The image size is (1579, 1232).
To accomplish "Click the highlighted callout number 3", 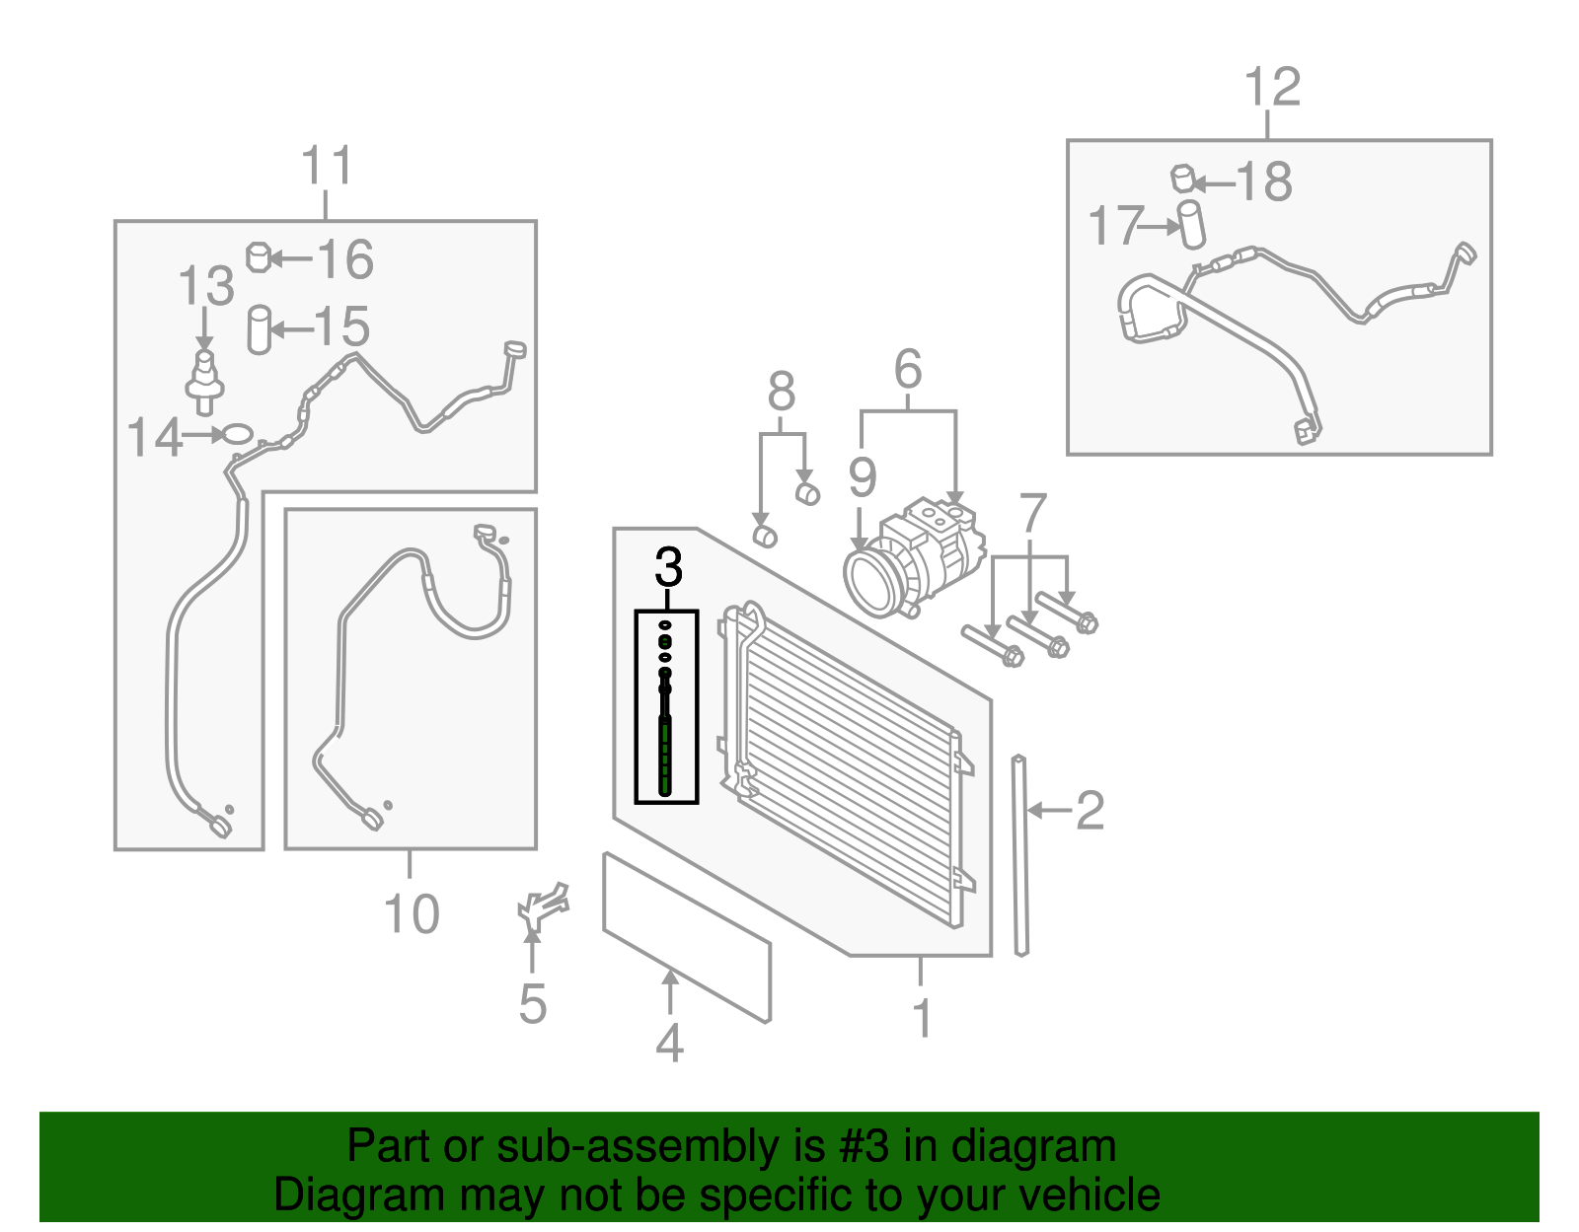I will pyautogui.click(x=668, y=568).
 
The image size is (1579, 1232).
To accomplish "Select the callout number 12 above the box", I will pyautogui.click(x=1272, y=88).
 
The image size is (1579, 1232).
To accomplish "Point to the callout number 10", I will pyautogui.click(x=411, y=914).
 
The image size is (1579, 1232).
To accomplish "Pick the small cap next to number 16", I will pyautogui.click(x=258, y=257).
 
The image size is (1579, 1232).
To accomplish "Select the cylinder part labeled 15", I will pyautogui.click(x=259, y=328).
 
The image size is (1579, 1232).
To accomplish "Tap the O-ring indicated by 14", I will pyautogui.click(x=238, y=433).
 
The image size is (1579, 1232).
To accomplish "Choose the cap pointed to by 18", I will pyautogui.click(x=1183, y=179).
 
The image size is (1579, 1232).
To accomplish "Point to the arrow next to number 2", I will pyautogui.click(x=1049, y=811).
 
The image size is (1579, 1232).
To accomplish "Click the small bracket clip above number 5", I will pyautogui.click(x=543, y=906).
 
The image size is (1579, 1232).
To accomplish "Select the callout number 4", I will pyautogui.click(x=669, y=1044).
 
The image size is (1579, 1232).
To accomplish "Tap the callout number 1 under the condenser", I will pyautogui.click(x=922, y=1018).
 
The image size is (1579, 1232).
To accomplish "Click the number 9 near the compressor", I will pyautogui.click(x=862, y=478).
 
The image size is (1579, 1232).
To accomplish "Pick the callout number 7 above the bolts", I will pyautogui.click(x=1032, y=514).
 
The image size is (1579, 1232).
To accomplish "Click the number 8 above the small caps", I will pyautogui.click(x=781, y=393).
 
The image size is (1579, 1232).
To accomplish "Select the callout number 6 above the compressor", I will pyautogui.click(x=908, y=370).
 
